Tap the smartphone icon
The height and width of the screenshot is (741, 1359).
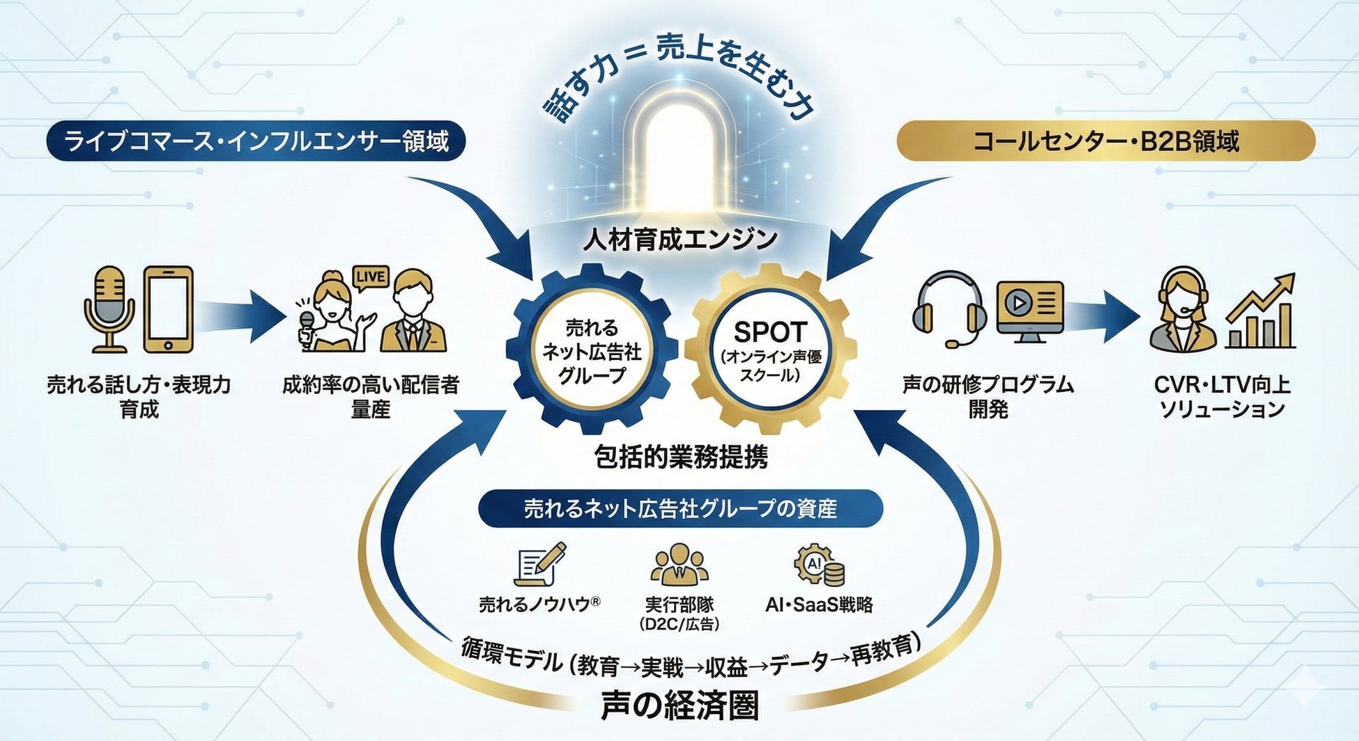(x=168, y=309)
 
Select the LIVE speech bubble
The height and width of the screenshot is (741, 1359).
(x=370, y=276)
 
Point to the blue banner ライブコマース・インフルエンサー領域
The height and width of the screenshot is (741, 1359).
(x=256, y=141)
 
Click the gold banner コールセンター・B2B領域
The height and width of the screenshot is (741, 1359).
(x=1105, y=141)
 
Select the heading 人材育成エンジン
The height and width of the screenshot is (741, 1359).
(x=680, y=239)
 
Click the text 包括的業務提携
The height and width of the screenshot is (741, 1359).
(x=681, y=457)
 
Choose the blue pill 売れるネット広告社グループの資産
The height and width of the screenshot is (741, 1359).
(x=680, y=508)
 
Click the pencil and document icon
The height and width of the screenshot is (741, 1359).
(x=539, y=565)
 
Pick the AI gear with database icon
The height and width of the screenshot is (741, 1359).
(x=820, y=565)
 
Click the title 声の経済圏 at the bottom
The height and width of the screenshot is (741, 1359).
(x=679, y=705)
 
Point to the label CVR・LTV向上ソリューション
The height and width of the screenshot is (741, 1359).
(x=1222, y=396)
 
